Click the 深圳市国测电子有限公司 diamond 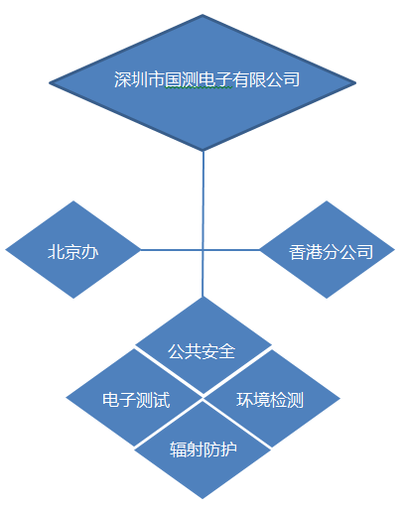tap(202, 82)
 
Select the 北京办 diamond tap(73, 250)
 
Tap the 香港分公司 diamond tap(327, 250)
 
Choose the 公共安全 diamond tap(203, 345)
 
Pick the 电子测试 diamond tap(134, 398)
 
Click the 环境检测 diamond tap(272, 398)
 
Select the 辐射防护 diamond tap(202, 449)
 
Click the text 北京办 tap(73, 252)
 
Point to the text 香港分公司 tap(331, 252)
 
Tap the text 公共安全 tap(202, 351)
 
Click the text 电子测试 tap(136, 400)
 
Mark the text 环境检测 tap(270, 400)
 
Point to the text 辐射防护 tap(203, 449)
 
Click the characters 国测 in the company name tap(182, 79)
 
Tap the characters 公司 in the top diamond tap(283, 79)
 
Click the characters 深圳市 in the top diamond tap(139, 79)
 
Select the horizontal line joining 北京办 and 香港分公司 tap(201, 250)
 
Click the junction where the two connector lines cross tap(202, 250)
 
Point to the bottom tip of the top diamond tap(202, 151)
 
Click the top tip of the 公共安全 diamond tap(202, 297)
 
